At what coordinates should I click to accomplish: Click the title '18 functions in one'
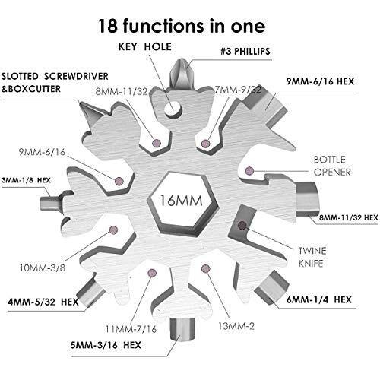(182, 26)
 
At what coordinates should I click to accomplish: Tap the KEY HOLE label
(145, 46)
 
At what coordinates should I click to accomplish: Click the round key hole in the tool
(173, 109)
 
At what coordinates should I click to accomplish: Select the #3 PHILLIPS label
(245, 52)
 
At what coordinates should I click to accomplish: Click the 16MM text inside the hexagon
(181, 200)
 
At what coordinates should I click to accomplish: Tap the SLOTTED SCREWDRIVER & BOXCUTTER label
(55, 83)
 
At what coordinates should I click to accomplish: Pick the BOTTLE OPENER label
(332, 166)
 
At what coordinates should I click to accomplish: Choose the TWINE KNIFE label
(312, 257)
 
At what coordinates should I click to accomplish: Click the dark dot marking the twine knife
(242, 225)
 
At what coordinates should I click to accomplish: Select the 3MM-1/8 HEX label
(26, 180)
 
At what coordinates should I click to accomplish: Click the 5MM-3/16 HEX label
(106, 345)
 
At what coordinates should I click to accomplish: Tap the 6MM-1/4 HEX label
(319, 299)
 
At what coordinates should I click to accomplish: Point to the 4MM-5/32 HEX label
(43, 302)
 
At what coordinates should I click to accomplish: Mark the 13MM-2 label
(236, 326)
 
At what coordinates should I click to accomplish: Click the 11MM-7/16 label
(131, 329)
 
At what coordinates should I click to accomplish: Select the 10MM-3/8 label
(43, 268)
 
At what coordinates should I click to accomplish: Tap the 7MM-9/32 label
(238, 90)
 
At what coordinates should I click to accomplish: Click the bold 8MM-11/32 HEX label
(349, 217)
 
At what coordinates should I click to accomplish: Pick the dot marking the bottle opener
(249, 171)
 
